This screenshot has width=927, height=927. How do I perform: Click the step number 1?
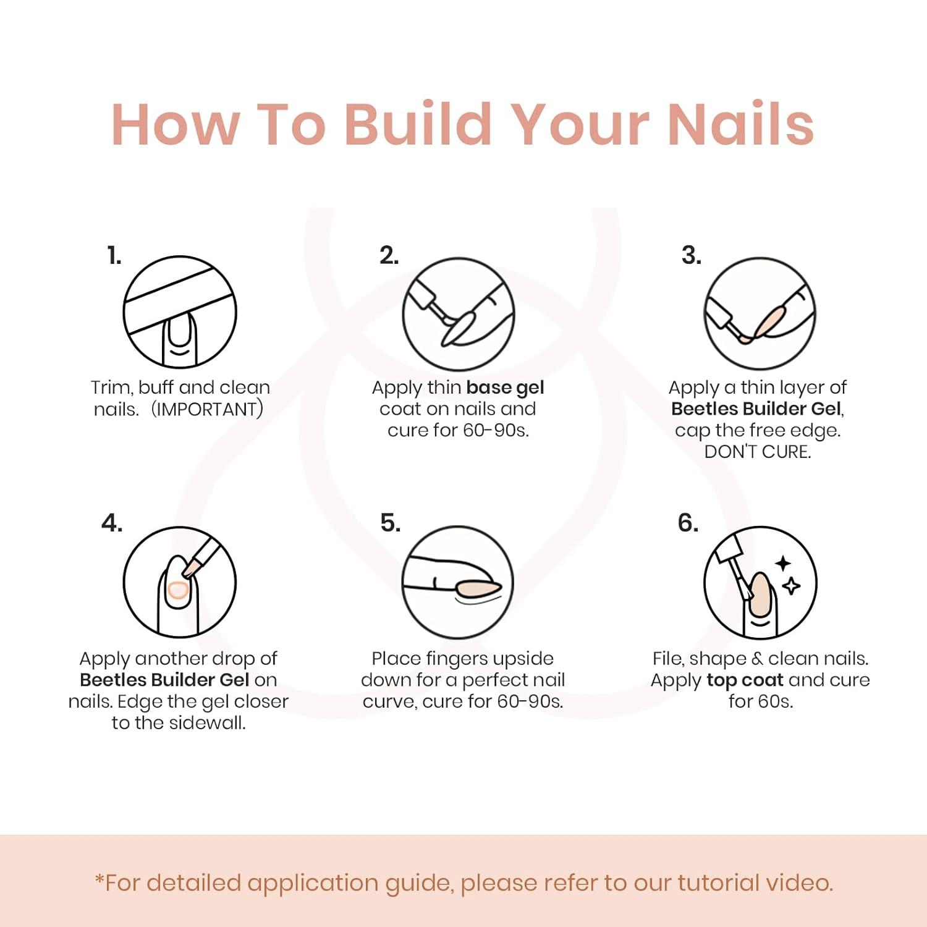(x=114, y=255)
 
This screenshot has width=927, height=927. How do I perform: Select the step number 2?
(x=389, y=255)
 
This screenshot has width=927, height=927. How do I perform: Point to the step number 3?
(x=692, y=255)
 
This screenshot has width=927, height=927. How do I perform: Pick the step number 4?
(x=112, y=523)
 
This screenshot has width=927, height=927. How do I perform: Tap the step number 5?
(x=391, y=523)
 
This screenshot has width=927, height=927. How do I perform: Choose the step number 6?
(x=688, y=523)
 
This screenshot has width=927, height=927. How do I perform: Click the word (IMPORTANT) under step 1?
(x=208, y=409)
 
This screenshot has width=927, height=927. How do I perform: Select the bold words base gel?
(x=506, y=387)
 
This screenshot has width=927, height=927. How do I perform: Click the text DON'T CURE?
(x=758, y=452)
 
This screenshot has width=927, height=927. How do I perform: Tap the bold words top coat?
(x=745, y=680)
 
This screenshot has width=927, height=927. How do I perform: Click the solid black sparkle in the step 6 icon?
(x=784, y=564)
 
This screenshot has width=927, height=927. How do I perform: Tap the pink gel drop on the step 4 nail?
(x=177, y=590)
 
